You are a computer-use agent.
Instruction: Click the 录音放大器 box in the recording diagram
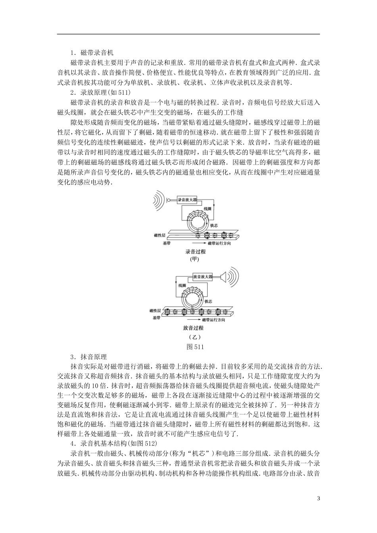click(x=187, y=200)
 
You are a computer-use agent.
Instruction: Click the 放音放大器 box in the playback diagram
click(x=202, y=276)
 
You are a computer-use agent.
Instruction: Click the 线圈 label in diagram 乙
click(x=183, y=286)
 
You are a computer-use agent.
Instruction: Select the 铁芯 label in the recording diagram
click(x=215, y=225)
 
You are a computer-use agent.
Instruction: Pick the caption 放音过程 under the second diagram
click(x=193, y=328)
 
